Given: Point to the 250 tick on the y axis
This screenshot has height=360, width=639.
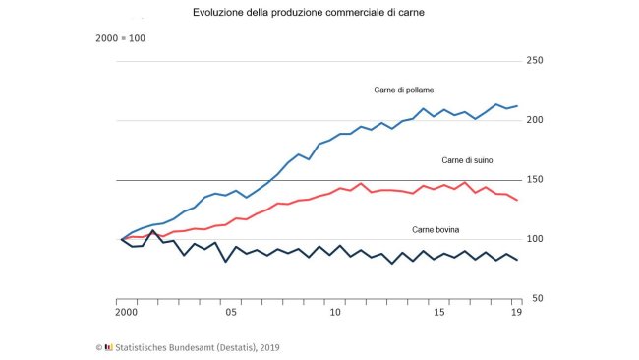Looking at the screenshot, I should (535, 61).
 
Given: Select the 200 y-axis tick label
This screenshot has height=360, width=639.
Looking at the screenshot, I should (535, 120).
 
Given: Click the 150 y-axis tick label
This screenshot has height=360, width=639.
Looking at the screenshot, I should (535, 180).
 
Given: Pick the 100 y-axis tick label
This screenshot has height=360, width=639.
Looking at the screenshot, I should (535, 239).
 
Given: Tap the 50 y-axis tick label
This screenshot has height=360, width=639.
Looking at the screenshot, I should (537, 298).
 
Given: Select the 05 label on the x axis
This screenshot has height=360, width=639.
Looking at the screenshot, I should (230, 313).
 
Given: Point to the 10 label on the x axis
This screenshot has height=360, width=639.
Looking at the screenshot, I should (335, 313).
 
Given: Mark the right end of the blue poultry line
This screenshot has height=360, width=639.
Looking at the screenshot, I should (517, 105).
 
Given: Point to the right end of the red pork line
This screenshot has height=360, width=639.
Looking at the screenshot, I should (517, 200).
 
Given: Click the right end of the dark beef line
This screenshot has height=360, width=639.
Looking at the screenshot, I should (517, 261).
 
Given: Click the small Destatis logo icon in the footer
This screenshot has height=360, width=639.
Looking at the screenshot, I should (108, 346).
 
